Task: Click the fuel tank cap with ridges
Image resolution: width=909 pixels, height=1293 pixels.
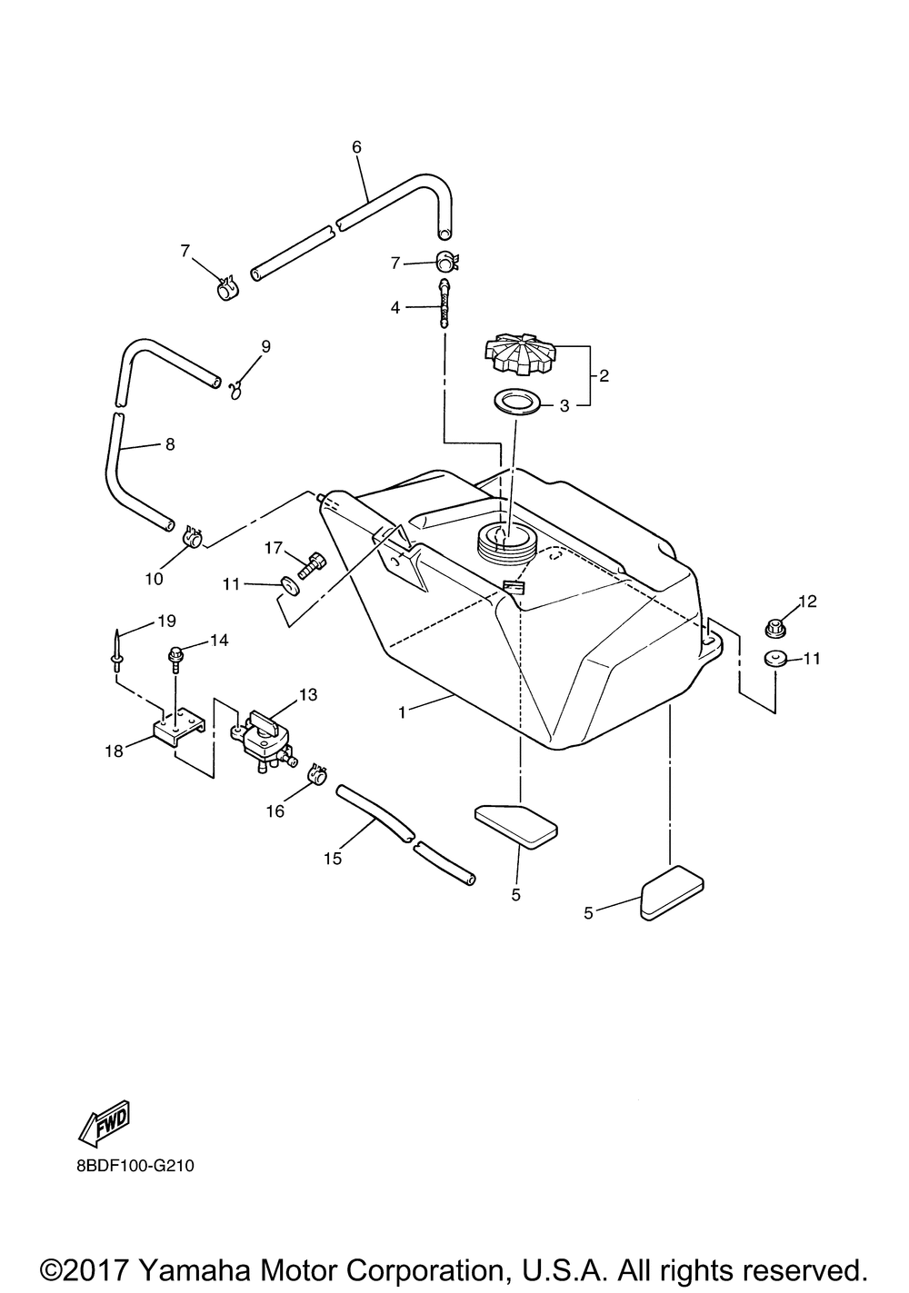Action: tap(520, 357)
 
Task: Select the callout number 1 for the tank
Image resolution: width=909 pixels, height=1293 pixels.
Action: tap(401, 712)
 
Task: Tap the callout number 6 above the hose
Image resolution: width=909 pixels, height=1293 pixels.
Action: tap(356, 146)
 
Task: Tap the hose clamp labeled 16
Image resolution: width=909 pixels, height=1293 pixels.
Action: tap(317, 775)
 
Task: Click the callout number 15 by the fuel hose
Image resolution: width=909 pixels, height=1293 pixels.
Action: tap(333, 858)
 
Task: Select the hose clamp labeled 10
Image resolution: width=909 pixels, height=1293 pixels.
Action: tap(192, 538)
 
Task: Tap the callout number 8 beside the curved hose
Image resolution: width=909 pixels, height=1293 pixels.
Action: tap(169, 444)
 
